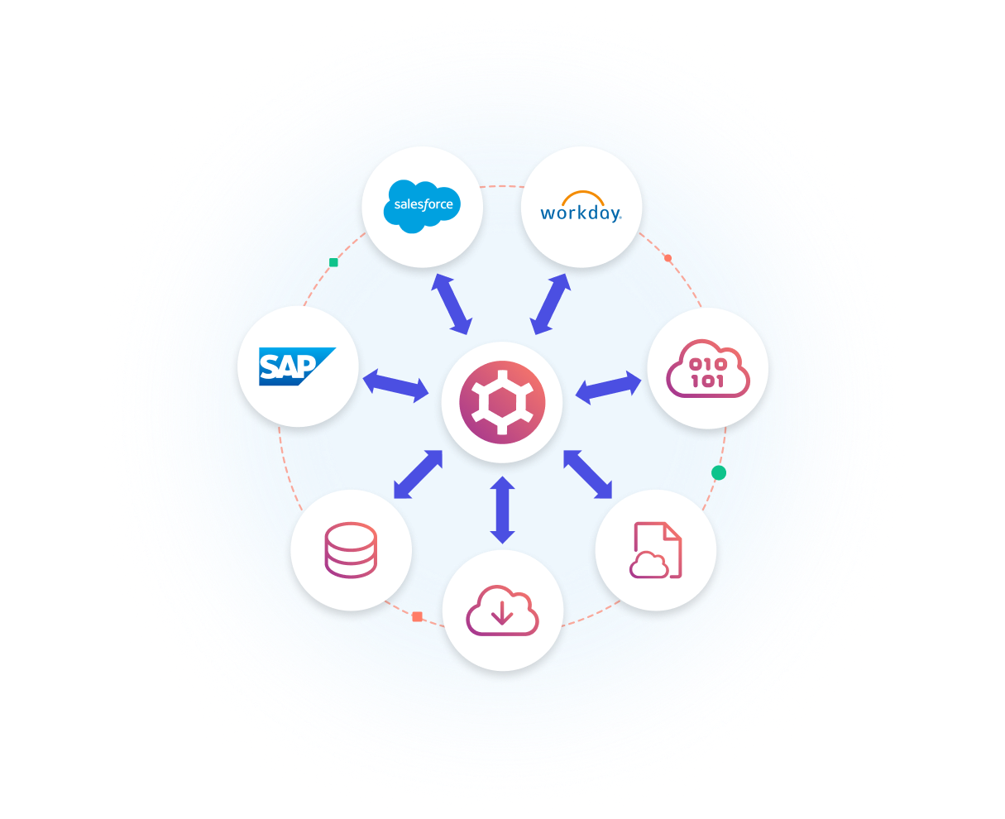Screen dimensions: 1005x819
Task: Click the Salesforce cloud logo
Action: pyautogui.click(x=422, y=206)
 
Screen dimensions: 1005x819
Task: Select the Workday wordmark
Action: pyautogui.click(x=581, y=213)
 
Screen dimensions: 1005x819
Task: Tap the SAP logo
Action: pyautogui.click(x=297, y=366)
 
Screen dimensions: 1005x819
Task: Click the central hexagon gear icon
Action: pyautogui.click(x=502, y=402)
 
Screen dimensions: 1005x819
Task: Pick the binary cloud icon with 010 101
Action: pyautogui.click(x=708, y=368)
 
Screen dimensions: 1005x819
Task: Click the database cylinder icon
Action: pyautogui.click(x=351, y=550)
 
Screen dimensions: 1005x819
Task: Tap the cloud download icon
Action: pyautogui.click(x=502, y=611)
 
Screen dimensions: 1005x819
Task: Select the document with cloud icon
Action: pyautogui.click(x=656, y=550)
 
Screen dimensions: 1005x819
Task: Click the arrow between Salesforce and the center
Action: pyautogui.click(x=452, y=304)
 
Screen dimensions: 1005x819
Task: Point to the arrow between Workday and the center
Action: pyautogui.click(x=550, y=304)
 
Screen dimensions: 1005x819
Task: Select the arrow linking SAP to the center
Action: pyautogui.click(x=395, y=386)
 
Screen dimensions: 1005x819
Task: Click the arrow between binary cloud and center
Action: pyautogui.click(x=608, y=388)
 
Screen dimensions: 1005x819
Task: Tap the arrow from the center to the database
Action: pyautogui.click(x=418, y=474)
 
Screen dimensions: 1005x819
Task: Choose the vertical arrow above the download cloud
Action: pyautogui.click(x=502, y=510)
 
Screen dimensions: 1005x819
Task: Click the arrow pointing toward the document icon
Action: pyautogui.click(x=587, y=474)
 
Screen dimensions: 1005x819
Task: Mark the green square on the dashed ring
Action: pyautogui.click(x=333, y=262)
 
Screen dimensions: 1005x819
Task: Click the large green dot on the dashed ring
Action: pyautogui.click(x=718, y=472)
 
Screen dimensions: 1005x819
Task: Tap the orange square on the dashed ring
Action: pyautogui.click(x=417, y=616)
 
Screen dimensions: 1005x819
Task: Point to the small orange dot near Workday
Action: pyautogui.click(x=668, y=257)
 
